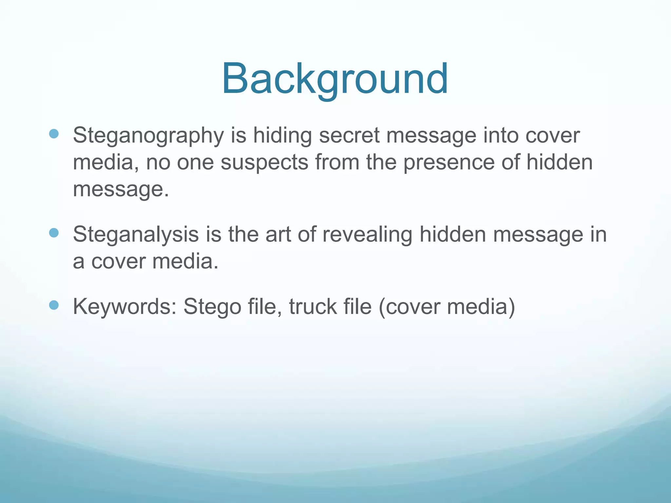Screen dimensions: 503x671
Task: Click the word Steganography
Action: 148,136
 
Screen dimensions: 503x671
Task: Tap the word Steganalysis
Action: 136,234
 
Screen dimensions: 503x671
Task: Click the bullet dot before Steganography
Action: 54,134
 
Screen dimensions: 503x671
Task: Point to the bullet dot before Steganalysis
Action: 54,233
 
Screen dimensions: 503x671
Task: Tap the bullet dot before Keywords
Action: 54,305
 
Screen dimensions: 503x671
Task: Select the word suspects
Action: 264,162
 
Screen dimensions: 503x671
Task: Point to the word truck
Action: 313,307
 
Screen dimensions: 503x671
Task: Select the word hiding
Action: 282,136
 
